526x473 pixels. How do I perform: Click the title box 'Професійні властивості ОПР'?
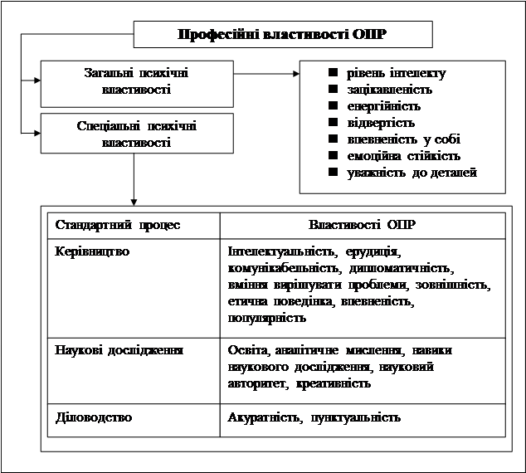(283, 34)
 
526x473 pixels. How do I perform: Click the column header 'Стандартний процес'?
(118, 225)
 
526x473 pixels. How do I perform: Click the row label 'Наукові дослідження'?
(118, 350)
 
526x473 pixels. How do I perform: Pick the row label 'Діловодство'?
(93, 417)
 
